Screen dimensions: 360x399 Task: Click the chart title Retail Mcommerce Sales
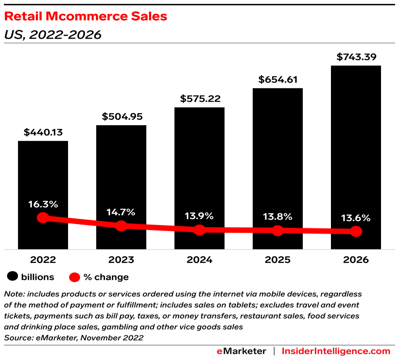[x=86, y=16]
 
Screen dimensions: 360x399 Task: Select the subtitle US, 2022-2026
[x=52, y=35]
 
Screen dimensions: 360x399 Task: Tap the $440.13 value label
[x=43, y=132]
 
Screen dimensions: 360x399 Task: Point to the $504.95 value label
[x=121, y=117]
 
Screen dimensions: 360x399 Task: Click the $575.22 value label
[x=199, y=99]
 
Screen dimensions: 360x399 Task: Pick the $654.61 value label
[x=278, y=80]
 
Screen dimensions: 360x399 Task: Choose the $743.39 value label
[x=356, y=57]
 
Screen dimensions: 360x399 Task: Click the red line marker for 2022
[x=43, y=218]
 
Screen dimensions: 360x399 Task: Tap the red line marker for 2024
[x=199, y=230]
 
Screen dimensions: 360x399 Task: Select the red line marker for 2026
[x=356, y=231]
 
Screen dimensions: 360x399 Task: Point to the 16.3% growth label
[x=43, y=204]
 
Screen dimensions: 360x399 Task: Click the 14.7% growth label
[x=121, y=212]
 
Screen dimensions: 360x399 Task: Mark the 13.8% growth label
[x=278, y=216]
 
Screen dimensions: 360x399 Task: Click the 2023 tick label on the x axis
[x=121, y=260]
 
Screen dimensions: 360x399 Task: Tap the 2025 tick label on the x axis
[x=278, y=260]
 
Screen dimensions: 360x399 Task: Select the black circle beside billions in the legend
[x=13, y=277]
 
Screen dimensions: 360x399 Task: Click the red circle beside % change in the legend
[x=75, y=277]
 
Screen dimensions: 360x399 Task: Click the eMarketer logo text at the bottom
[x=241, y=351]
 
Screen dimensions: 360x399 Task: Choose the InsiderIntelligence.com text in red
[x=336, y=351]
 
